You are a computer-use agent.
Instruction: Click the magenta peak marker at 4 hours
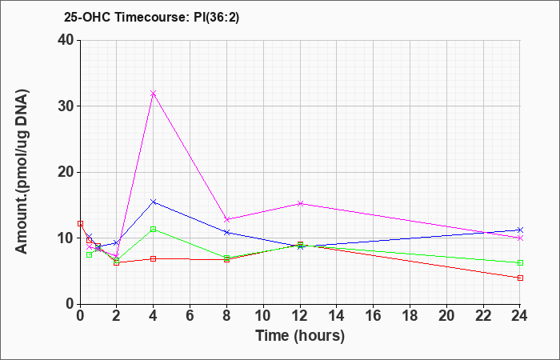pyautogui.click(x=154, y=94)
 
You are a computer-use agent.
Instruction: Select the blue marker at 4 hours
pyautogui.click(x=154, y=202)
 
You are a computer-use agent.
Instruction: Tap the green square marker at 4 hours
pyautogui.click(x=154, y=230)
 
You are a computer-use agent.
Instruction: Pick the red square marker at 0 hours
pyautogui.click(x=80, y=223)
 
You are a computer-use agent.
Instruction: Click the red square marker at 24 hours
pyautogui.click(x=520, y=278)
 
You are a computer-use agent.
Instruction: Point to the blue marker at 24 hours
pyautogui.click(x=520, y=230)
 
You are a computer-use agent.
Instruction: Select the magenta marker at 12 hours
pyautogui.click(x=300, y=203)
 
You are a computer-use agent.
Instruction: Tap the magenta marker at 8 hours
pyautogui.click(x=226, y=219)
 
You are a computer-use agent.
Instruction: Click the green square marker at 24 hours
pyautogui.click(x=520, y=263)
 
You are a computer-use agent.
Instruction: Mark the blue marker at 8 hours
pyautogui.click(x=226, y=232)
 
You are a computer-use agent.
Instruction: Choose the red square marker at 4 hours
pyautogui.click(x=154, y=258)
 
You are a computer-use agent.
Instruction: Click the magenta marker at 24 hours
pyautogui.click(x=520, y=238)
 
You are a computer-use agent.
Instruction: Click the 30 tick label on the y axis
pyautogui.click(x=66, y=106)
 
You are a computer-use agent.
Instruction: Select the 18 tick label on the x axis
pyautogui.click(x=410, y=316)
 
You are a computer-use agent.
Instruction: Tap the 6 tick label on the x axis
pyautogui.click(x=190, y=316)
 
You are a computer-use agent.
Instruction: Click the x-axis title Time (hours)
pyautogui.click(x=300, y=336)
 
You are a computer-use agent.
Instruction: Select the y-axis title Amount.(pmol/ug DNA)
pyautogui.click(x=22, y=172)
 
